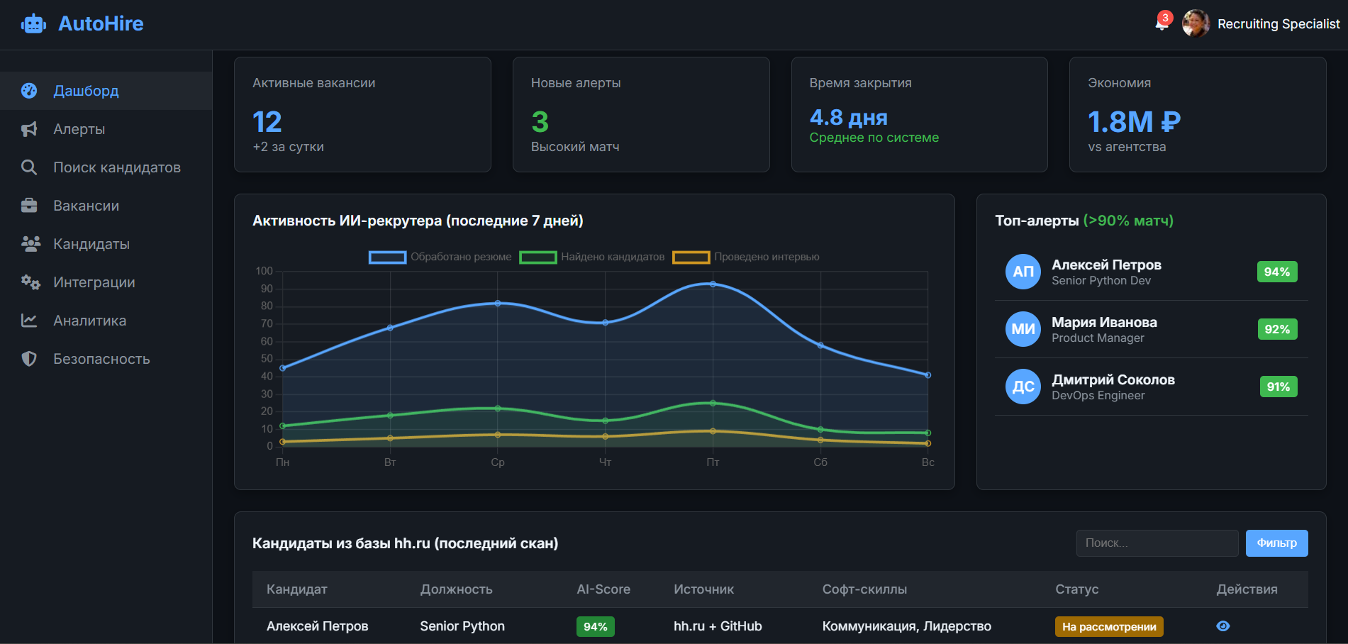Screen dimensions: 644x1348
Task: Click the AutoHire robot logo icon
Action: pyautogui.click(x=33, y=24)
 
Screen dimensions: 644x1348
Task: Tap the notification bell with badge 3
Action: pyautogui.click(x=1161, y=24)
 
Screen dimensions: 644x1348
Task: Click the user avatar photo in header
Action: pyautogui.click(x=1196, y=23)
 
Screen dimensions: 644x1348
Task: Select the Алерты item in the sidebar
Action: pyautogui.click(x=79, y=129)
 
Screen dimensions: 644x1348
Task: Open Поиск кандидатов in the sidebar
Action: pyautogui.click(x=116, y=167)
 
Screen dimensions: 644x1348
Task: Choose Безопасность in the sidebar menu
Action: pyautogui.click(x=101, y=359)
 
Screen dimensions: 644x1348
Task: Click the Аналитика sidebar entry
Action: pyautogui.click(x=89, y=321)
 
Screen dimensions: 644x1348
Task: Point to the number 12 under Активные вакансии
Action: pyautogui.click(x=267, y=122)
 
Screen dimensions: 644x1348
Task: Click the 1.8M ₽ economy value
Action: pyautogui.click(x=1133, y=122)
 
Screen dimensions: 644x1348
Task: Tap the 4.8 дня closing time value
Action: pyautogui.click(x=848, y=117)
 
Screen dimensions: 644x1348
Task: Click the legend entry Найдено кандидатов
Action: pyautogui.click(x=592, y=257)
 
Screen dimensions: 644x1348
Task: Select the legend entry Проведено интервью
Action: pyautogui.click(x=746, y=257)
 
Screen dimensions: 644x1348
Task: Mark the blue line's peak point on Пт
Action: pyautogui.click(x=713, y=284)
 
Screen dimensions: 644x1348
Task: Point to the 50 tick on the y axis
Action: pyautogui.click(x=267, y=359)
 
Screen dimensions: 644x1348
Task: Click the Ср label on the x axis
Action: pyautogui.click(x=498, y=462)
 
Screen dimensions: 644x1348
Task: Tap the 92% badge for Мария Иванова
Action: pyautogui.click(x=1276, y=329)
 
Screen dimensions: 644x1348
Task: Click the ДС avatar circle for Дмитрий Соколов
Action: pyautogui.click(x=1023, y=387)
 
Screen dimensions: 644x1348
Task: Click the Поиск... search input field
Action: pyautogui.click(x=1157, y=543)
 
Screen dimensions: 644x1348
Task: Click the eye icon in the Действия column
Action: pyautogui.click(x=1223, y=626)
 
